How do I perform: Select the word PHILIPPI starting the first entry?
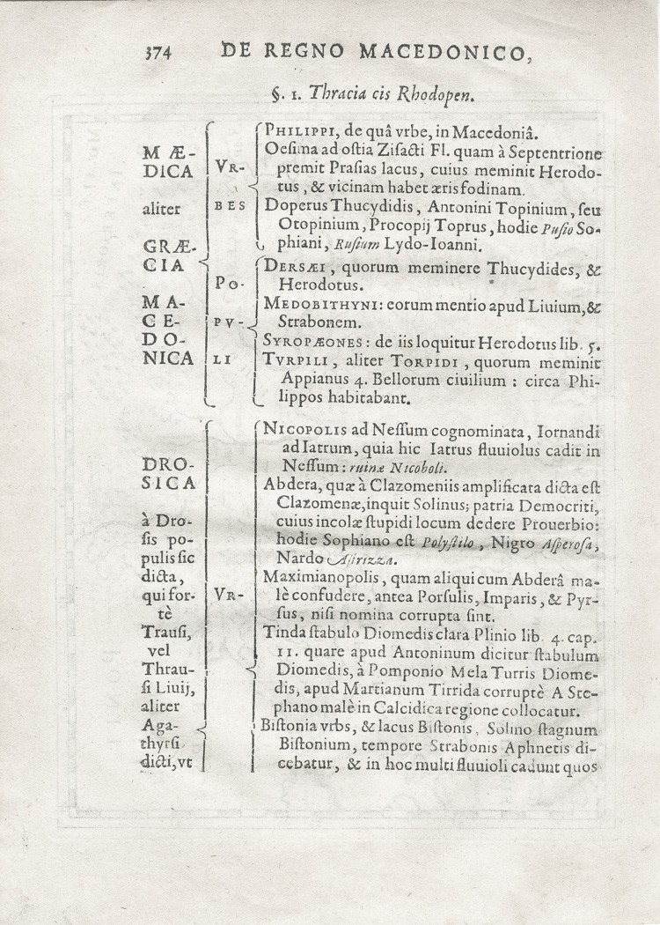[301, 133]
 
